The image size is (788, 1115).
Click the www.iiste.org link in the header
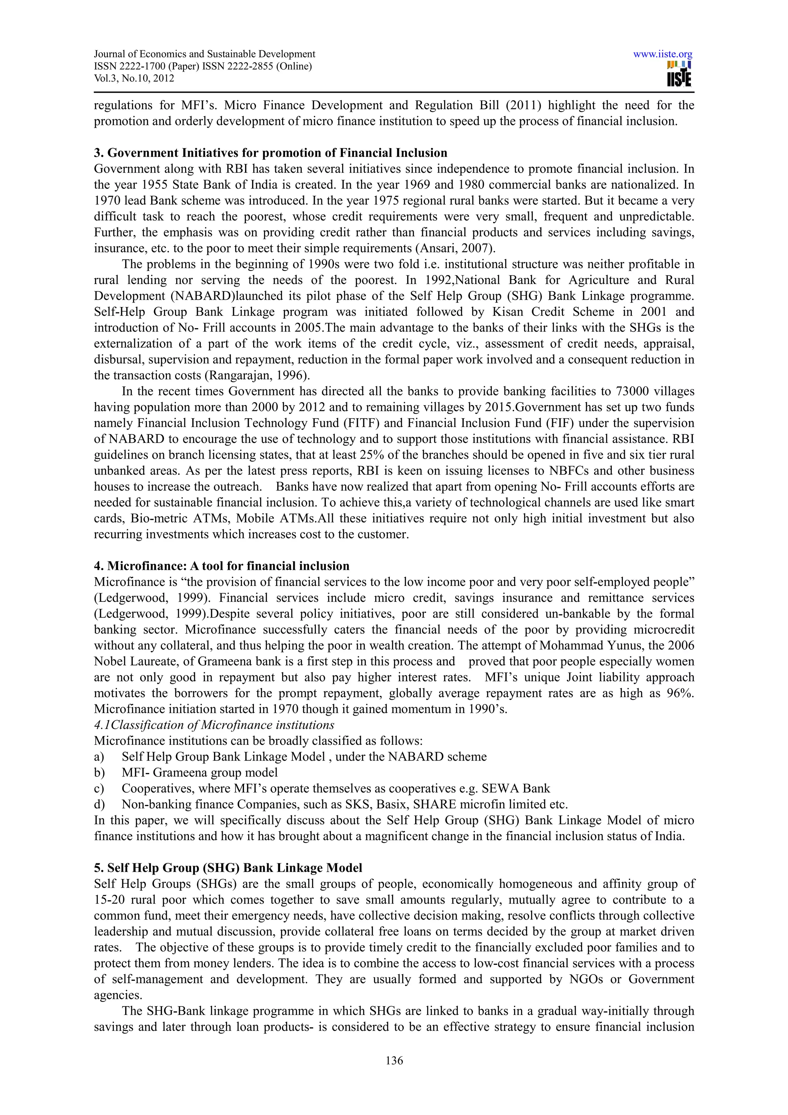point(662,54)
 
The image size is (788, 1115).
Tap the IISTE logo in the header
point(679,74)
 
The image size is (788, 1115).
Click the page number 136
point(394,1061)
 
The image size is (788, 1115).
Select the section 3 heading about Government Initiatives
point(270,153)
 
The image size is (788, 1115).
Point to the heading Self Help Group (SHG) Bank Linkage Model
point(228,868)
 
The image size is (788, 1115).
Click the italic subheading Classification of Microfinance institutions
point(214,725)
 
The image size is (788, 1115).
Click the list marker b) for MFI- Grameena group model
point(99,773)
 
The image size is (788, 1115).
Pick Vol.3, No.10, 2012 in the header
point(134,78)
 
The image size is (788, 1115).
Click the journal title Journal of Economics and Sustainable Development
point(204,54)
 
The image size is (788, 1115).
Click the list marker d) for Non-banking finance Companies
point(99,805)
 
